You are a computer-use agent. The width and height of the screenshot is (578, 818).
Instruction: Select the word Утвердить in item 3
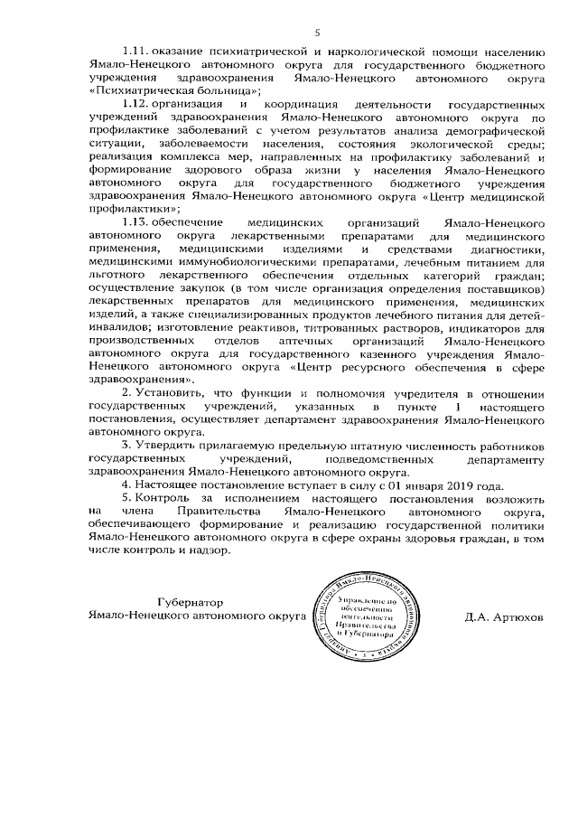[x=172, y=448]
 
